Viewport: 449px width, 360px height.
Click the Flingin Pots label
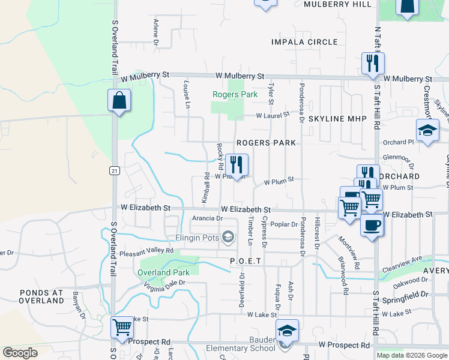coord(197,238)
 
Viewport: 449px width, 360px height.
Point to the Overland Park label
coord(163,272)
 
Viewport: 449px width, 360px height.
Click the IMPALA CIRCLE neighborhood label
coord(304,42)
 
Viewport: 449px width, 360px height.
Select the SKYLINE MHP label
coord(337,119)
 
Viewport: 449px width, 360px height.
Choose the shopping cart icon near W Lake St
coord(122,328)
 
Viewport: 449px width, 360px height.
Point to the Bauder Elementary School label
coord(240,348)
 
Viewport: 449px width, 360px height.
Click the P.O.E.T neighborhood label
coord(246,262)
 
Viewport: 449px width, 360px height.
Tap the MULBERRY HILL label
coord(337,4)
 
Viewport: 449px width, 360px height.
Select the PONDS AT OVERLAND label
coord(41,296)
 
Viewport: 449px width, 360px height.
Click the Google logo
coord(20,353)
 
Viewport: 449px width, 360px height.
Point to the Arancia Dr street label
coord(207,219)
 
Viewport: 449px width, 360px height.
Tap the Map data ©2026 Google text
coord(411,355)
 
